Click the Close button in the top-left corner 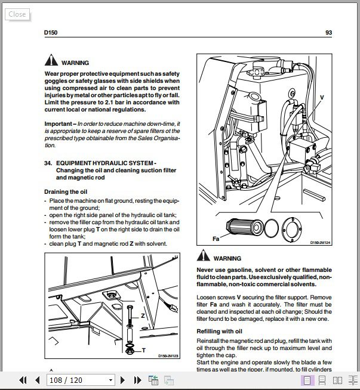[x=17, y=14]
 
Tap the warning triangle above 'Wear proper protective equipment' [x=50, y=61]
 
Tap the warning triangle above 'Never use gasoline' [x=203, y=258]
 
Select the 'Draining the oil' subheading [x=66, y=191]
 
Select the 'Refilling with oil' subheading [x=219, y=331]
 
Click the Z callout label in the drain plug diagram [x=143, y=315]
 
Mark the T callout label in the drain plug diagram [x=144, y=351]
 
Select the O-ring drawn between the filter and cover [x=271, y=228]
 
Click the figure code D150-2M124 [x=321, y=243]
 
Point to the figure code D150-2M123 [x=169, y=357]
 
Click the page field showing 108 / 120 [x=81, y=380]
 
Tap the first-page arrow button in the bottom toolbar [x=23, y=380]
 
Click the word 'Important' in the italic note [x=58, y=123]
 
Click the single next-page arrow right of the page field [x=122, y=380]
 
